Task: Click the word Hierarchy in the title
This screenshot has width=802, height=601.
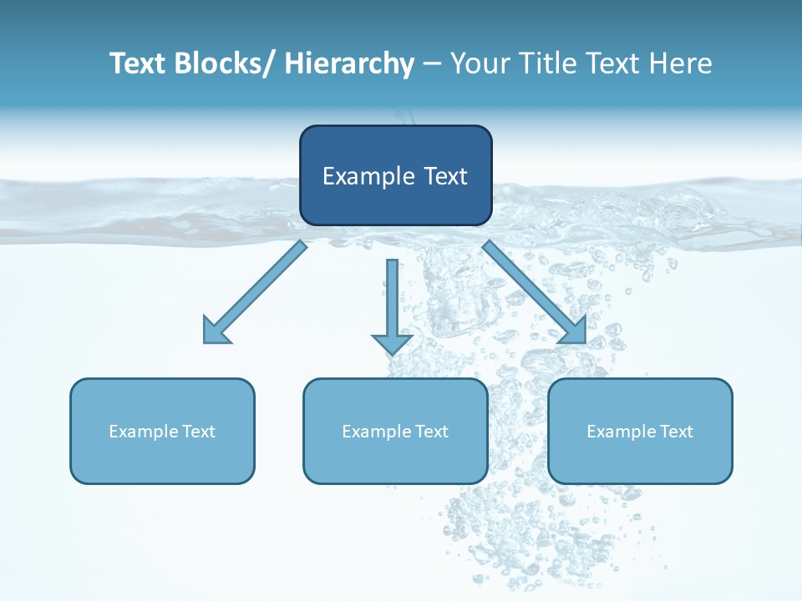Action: pos(349,63)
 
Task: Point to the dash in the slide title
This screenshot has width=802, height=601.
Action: pos(432,64)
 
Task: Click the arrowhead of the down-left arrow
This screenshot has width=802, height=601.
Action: pos(215,332)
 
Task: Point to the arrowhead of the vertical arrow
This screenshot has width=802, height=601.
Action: pos(392,343)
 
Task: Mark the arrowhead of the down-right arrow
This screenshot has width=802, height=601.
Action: pos(574,331)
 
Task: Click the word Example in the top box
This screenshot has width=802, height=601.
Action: pos(368,176)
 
